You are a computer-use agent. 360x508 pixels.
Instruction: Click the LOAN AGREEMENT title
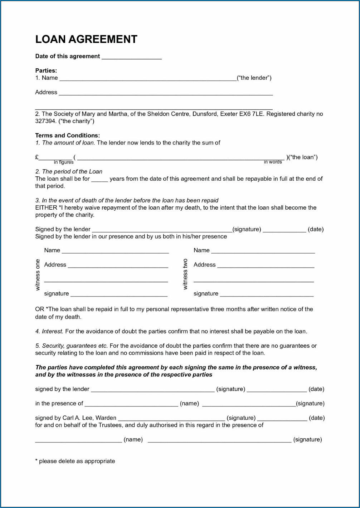point(86,39)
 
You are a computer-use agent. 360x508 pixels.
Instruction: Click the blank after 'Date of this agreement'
point(132,58)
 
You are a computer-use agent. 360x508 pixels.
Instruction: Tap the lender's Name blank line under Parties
point(148,79)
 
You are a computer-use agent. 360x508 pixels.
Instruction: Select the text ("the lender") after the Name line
point(254,78)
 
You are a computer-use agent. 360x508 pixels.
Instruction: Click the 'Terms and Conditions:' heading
point(67,136)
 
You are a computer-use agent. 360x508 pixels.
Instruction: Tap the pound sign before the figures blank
point(37,157)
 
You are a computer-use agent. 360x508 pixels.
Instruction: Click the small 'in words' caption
point(273,162)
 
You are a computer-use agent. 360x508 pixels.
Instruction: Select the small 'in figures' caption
point(64,162)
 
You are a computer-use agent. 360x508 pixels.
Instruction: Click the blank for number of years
point(99,180)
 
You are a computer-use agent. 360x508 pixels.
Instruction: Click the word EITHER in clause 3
point(46,208)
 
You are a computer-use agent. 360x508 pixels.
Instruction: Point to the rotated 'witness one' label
point(38,275)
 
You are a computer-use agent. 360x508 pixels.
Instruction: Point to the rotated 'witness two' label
point(185,274)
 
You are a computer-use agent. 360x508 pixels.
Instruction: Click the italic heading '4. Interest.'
point(49,332)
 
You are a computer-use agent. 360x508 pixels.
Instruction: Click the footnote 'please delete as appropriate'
point(77,461)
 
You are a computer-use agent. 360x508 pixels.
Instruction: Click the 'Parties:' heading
point(46,71)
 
